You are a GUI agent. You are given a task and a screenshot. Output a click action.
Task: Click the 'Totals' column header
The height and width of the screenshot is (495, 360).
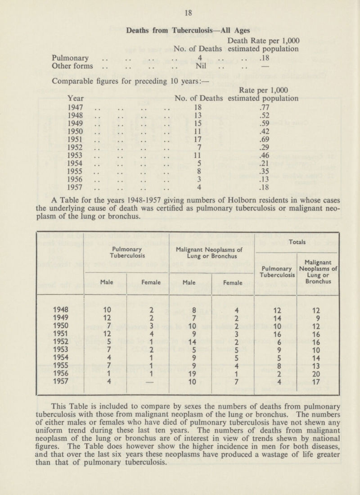click(297, 241)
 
